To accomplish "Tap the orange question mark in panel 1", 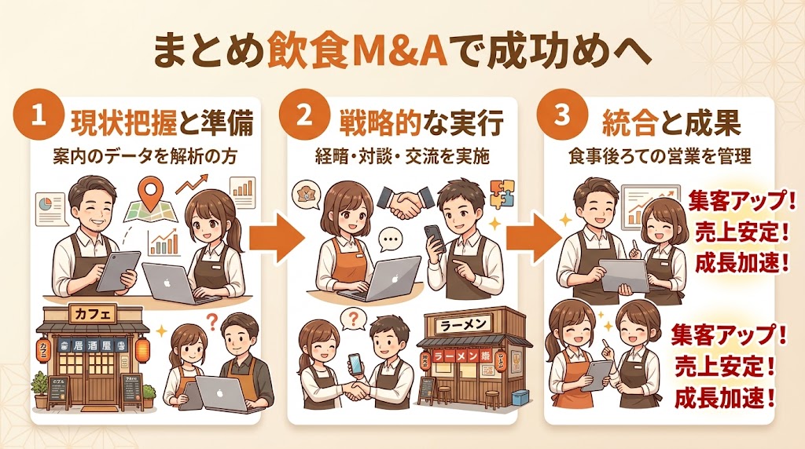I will tap(211, 319).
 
